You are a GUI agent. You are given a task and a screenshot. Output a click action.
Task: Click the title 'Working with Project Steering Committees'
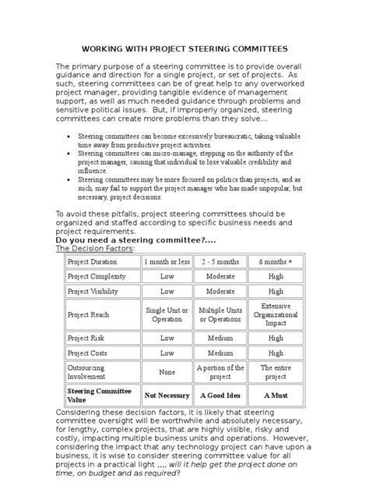coord(184,48)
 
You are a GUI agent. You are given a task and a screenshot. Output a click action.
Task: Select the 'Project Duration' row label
coord(93,261)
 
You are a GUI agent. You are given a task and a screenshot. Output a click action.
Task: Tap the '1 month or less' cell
coord(167,261)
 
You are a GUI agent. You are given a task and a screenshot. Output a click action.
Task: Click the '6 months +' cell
coord(276,261)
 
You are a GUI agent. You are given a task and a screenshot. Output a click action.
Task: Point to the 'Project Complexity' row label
coord(97,276)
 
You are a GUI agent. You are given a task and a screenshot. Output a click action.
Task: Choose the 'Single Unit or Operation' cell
coord(167,314)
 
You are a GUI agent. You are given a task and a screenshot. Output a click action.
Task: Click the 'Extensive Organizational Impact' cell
coord(276,314)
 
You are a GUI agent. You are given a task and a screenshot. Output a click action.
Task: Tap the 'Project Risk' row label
coord(86,339)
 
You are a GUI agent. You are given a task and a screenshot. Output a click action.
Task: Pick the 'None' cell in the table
coord(167,373)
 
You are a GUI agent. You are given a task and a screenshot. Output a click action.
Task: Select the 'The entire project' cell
coord(276,372)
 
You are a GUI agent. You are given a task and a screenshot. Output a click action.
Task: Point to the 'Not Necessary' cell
coord(167,395)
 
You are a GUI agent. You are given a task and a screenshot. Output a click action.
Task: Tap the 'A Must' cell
coord(276,395)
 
